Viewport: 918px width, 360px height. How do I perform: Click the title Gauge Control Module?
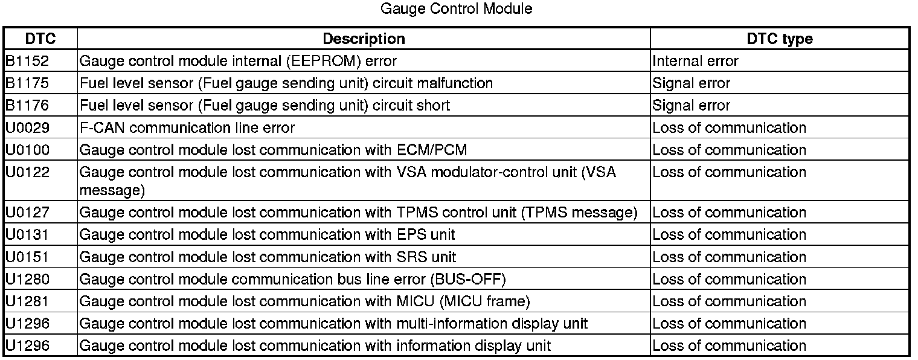[457, 9]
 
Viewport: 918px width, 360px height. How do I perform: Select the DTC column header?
[40, 39]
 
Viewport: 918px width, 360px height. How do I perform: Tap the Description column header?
[364, 39]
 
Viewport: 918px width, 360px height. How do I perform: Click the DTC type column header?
[779, 39]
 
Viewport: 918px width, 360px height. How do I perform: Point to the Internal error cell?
[695, 61]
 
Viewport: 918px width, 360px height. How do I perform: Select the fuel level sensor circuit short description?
[265, 106]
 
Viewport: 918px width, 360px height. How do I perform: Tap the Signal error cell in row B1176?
[691, 106]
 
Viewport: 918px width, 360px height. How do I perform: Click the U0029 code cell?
[27, 128]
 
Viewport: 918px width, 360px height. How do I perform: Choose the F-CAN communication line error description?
[187, 128]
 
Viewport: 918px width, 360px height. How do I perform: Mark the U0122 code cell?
[27, 172]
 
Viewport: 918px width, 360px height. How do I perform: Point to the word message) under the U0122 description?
[112, 191]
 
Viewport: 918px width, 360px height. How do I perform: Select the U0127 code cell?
[27, 213]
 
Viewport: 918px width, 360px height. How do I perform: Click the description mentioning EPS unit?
[267, 234]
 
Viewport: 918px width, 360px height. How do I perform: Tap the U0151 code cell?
[27, 257]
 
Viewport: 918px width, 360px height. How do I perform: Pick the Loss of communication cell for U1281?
[729, 301]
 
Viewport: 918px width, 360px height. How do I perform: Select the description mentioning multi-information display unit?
[333, 324]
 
